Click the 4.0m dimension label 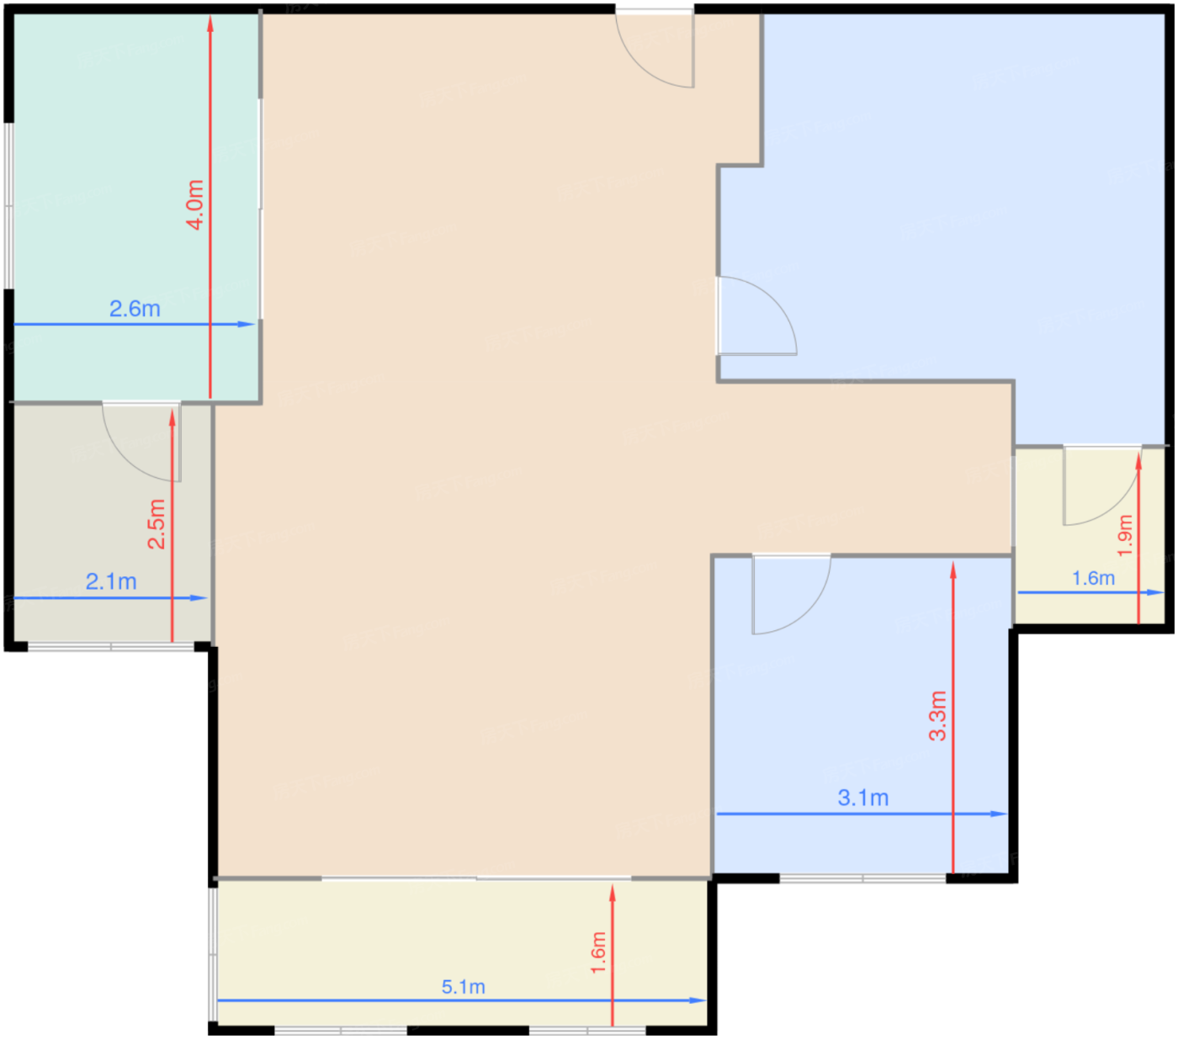[x=195, y=204]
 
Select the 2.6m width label [x=135, y=309]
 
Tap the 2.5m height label [x=157, y=523]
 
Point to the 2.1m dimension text [x=111, y=581]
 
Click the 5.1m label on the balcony [x=463, y=987]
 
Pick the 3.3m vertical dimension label [x=937, y=715]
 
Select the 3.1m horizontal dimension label [x=862, y=798]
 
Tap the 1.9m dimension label [x=1125, y=535]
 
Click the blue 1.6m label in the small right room [x=1093, y=579]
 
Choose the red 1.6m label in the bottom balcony [x=598, y=952]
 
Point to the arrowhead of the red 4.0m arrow [x=210, y=22]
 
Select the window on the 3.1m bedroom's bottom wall [x=862, y=878]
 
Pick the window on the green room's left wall [x=9, y=206]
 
